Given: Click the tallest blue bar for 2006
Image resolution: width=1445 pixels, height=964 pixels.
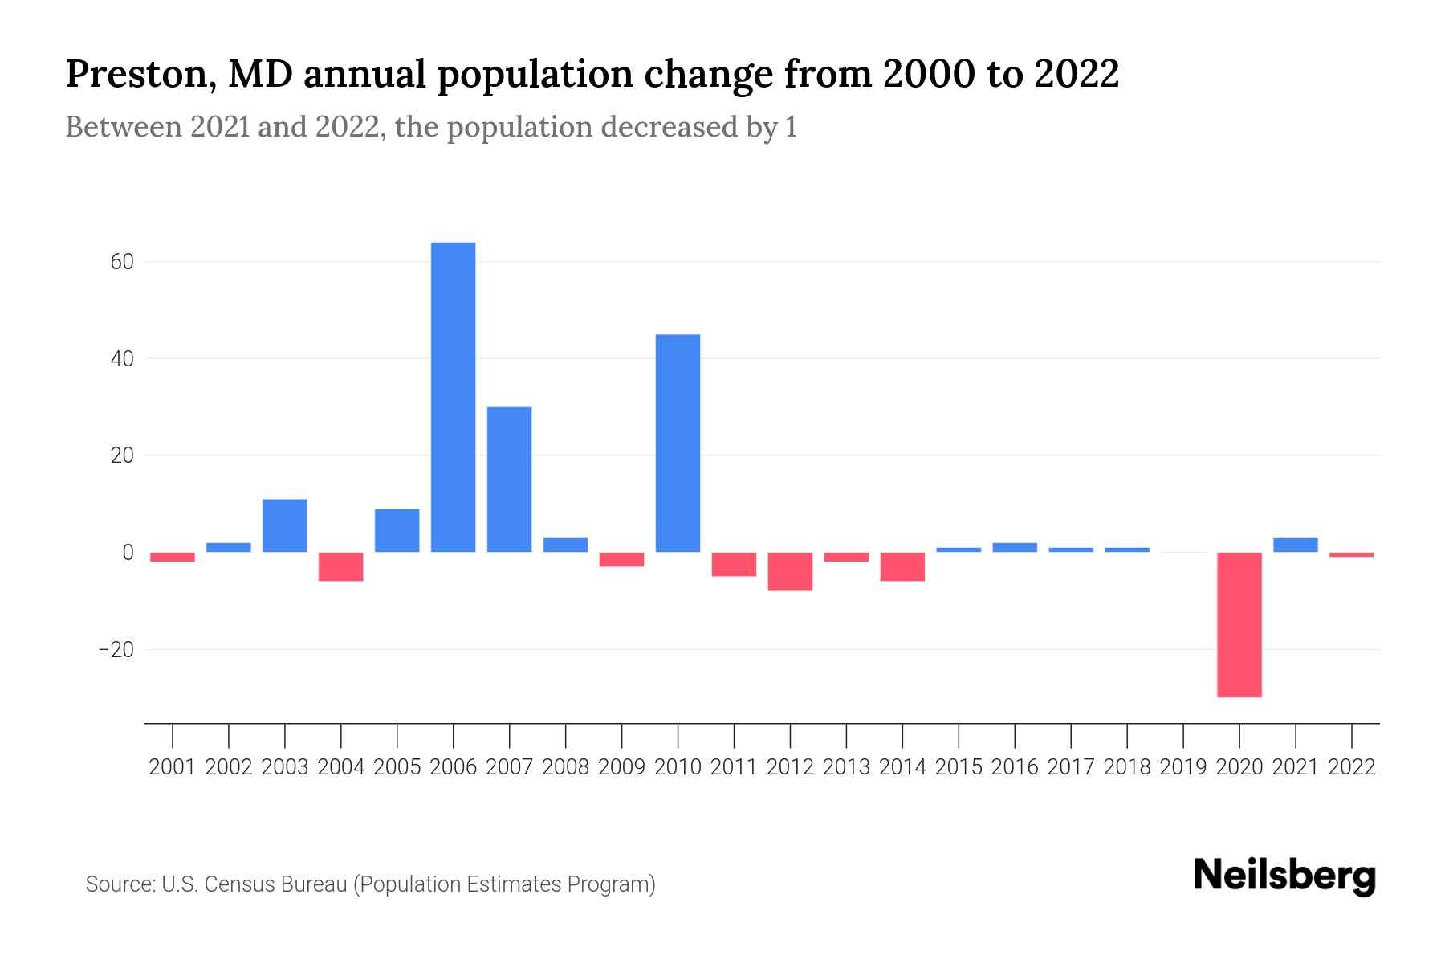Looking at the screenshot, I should pyautogui.click(x=453, y=397).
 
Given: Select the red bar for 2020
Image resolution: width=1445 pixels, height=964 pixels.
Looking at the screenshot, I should pyautogui.click(x=1239, y=624).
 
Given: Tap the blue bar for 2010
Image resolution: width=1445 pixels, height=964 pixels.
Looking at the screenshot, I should pyautogui.click(x=678, y=443).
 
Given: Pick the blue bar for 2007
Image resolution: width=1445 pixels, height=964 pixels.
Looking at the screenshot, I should pyautogui.click(x=509, y=479).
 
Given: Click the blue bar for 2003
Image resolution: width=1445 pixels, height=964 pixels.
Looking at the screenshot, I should pyautogui.click(x=284, y=525).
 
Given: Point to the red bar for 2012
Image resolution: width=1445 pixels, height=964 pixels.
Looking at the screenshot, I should pyautogui.click(x=790, y=571).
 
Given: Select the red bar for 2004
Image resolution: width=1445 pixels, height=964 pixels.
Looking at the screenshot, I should pyautogui.click(x=340, y=566).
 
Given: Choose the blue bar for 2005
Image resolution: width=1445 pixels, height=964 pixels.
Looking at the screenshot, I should pyautogui.click(x=397, y=530).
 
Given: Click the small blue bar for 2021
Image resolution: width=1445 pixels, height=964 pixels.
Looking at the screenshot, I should pyautogui.click(x=1295, y=545).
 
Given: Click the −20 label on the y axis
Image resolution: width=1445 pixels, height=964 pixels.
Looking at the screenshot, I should pyautogui.click(x=116, y=649).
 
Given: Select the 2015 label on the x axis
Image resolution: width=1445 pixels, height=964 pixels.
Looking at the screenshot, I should pyautogui.click(x=959, y=767).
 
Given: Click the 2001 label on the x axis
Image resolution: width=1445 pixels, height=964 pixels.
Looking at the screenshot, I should pyautogui.click(x=173, y=767).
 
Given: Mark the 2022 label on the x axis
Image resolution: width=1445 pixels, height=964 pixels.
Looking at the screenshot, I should pyautogui.click(x=1352, y=767).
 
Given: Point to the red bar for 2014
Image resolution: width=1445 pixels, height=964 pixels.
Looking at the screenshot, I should pyautogui.click(x=902, y=566).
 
